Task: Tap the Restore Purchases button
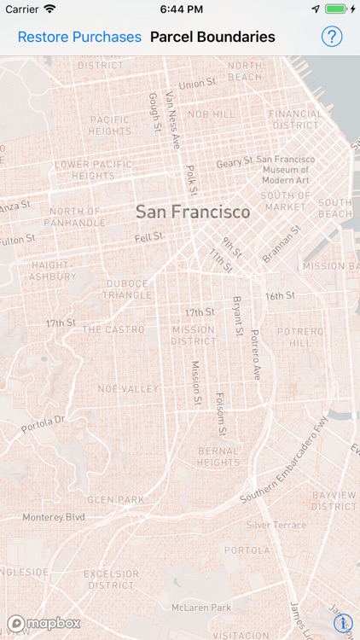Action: [79, 37]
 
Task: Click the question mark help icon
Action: [331, 37]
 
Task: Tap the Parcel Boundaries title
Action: [212, 37]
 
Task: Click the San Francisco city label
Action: [193, 212]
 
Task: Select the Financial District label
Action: [295, 119]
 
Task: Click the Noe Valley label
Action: [128, 388]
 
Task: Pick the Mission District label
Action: [194, 335]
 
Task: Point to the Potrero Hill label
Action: [299, 336]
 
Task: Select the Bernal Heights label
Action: [218, 457]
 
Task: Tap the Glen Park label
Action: [115, 500]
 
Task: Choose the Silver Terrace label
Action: [276, 526]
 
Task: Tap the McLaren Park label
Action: [201, 608]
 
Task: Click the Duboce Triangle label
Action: [128, 289]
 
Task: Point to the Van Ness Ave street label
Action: [172, 120]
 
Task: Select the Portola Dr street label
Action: [44, 424]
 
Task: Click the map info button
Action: [343, 623]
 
